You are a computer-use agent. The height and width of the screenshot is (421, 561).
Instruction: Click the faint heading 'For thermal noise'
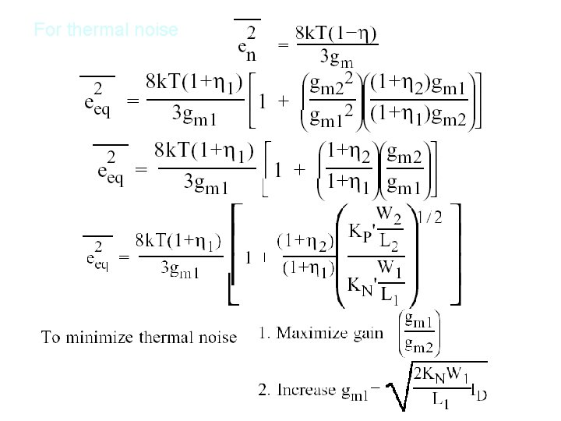coord(106,30)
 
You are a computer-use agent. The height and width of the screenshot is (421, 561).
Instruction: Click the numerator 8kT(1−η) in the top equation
coord(336,34)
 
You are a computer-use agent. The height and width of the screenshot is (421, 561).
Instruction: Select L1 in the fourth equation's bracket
coord(390,295)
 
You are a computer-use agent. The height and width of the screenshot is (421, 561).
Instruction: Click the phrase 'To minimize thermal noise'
coord(139,337)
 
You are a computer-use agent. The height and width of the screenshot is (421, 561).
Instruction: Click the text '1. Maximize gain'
coord(320,333)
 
